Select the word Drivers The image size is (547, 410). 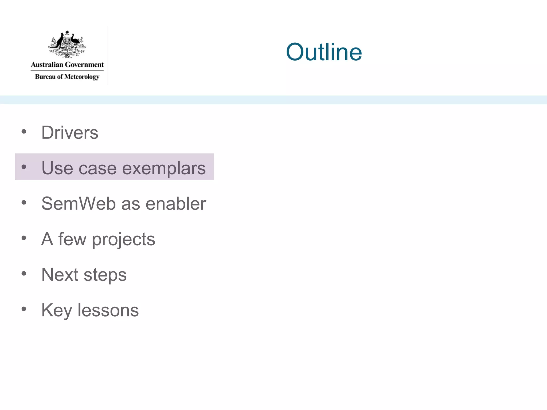[x=70, y=133]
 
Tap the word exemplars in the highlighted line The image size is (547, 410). [x=164, y=168]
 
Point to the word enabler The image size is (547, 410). [x=176, y=204]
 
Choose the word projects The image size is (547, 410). [x=123, y=239]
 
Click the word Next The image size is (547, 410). [x=60, y=275]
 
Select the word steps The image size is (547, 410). [x=105, y=275]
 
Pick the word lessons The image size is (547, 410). [x=108, y=310]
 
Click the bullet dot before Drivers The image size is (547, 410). [x=24, y=131]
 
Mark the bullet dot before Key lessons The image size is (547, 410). [x=24, y=309]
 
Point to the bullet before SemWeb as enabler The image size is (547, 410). [x=24, y=203]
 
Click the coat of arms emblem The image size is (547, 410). [x=67, y=44]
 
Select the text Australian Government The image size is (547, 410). [x=67, y=65]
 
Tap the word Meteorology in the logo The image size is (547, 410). [x=82, y=77]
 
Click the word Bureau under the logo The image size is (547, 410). [x=45, y=77]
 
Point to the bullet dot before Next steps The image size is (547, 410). [x=24, y=273]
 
